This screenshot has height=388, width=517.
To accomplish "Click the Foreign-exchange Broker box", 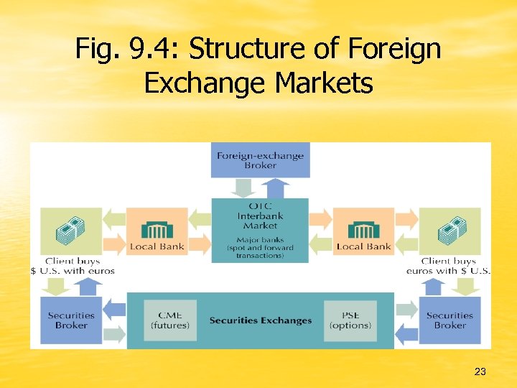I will pos(260,160).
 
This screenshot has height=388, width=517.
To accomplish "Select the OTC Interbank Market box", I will pos(260,216).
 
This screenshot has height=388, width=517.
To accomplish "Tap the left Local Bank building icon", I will pos(157,230).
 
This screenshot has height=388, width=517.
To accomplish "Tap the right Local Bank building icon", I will pos(363,230).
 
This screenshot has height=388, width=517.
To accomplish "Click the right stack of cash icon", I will pos(450,230).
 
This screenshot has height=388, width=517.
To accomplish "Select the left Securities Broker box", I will pos(71,320).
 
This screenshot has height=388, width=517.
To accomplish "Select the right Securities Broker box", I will pos(450,320).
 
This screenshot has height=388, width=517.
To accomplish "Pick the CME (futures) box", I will pos(170,320).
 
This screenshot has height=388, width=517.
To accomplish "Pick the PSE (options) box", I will pos(350,320).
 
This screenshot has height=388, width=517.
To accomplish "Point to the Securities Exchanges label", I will pos(261,320).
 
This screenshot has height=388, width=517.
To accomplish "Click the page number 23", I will pos(480,371).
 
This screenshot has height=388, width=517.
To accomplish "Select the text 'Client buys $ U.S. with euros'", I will pos(72,266).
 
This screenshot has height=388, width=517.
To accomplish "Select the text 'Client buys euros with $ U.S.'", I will pos(449,266).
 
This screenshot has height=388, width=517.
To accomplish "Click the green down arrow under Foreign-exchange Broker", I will pos(245,188).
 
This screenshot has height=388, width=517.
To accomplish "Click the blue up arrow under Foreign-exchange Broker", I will pos(275,188).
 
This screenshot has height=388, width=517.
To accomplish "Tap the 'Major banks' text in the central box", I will pos(260,239).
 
